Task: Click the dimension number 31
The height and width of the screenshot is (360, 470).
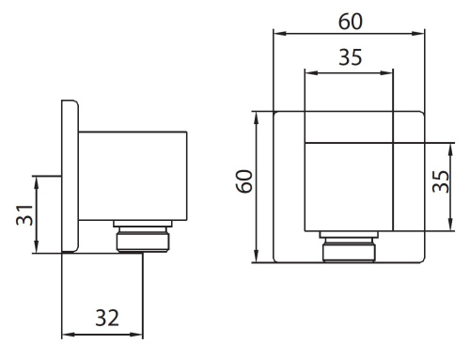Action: pos(24,215)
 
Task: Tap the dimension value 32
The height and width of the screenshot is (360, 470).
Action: pos(107,318)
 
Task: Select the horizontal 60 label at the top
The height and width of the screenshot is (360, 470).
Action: pos(351,22)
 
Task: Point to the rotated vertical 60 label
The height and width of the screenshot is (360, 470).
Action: pos(244,181)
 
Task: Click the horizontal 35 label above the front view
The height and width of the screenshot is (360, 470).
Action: pos(351,57)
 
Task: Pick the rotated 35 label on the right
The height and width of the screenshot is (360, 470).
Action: pos(440,181)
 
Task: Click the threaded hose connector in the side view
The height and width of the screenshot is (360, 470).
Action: pos(143,236)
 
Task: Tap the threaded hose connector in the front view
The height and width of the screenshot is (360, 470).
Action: pos(349,246)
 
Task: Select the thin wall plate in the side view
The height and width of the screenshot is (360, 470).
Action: pos(70,176)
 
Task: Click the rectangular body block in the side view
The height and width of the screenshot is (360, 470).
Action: pos(133,176)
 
